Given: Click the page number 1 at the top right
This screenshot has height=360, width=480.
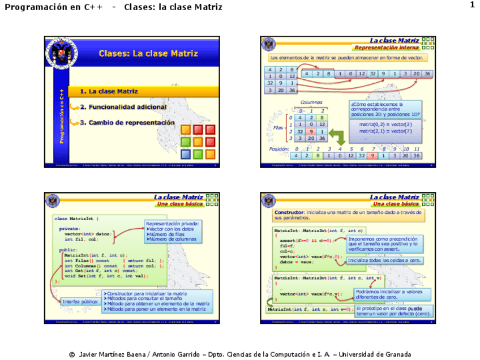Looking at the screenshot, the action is pos(472,5).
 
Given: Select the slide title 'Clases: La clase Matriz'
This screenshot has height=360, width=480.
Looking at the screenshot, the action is pos(148,54).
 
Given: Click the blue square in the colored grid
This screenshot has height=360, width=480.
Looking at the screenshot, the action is pos(185,154).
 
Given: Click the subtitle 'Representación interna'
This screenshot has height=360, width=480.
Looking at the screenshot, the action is pos(387,48).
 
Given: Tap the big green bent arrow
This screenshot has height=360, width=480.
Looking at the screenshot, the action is pos(338,136).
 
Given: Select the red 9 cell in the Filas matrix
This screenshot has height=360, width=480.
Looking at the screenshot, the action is pos(311,131).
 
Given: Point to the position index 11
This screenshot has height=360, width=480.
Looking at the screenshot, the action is pos(416,148).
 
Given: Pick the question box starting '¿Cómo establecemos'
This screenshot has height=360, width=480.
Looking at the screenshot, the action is pos(385,109).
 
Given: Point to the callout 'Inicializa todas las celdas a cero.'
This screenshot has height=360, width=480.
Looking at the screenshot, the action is pos(384,260).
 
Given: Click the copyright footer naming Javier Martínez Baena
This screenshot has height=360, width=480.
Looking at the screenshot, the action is pos(240,354).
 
